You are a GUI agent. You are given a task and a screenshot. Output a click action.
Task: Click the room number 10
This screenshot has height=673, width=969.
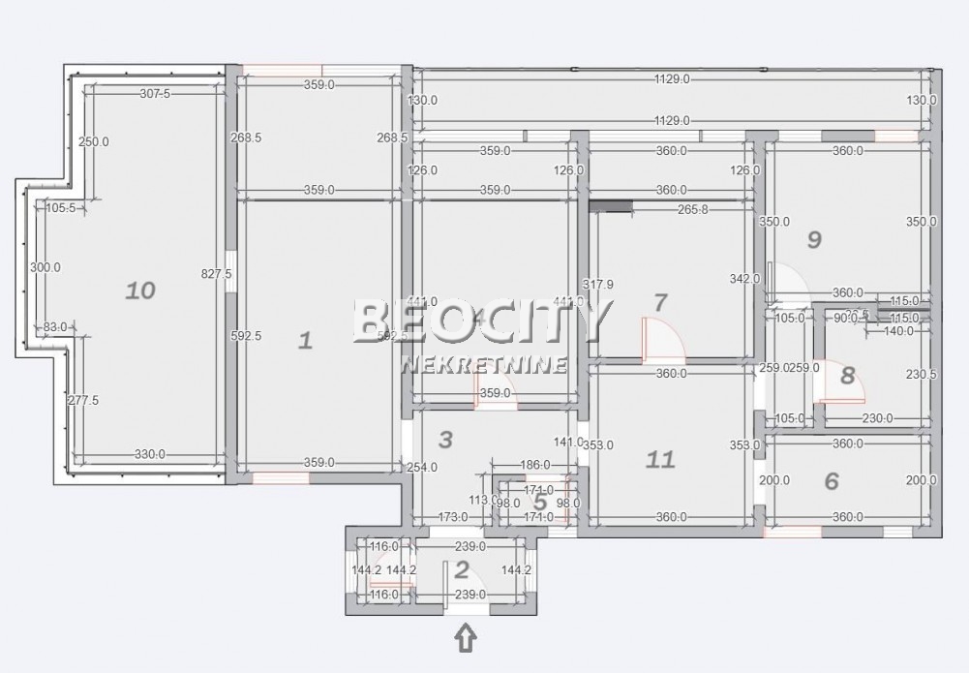[141, 290]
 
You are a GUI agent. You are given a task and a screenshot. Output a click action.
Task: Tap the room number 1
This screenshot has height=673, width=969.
[305, 340]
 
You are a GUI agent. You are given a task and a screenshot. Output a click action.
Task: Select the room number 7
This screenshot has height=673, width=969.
[660, 302]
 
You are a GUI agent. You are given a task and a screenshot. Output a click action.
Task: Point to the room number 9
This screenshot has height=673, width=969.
[814, 239]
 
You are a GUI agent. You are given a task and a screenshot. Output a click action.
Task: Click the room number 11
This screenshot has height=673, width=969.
[660, 458]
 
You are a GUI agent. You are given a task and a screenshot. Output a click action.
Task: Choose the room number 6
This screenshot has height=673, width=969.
[832, 480]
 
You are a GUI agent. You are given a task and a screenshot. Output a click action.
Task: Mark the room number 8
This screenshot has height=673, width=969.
[848, 376]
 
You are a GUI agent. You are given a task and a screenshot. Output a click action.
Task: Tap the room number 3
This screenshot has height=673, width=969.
[445, 440]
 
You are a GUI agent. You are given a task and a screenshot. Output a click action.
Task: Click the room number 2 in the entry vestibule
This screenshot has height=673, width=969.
[462, 569]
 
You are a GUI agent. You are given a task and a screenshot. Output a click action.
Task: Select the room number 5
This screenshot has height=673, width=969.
[540, 502]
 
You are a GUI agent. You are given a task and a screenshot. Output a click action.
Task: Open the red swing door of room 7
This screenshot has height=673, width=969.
[663, 339]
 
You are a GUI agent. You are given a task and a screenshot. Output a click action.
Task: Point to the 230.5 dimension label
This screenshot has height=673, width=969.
[921, 375]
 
